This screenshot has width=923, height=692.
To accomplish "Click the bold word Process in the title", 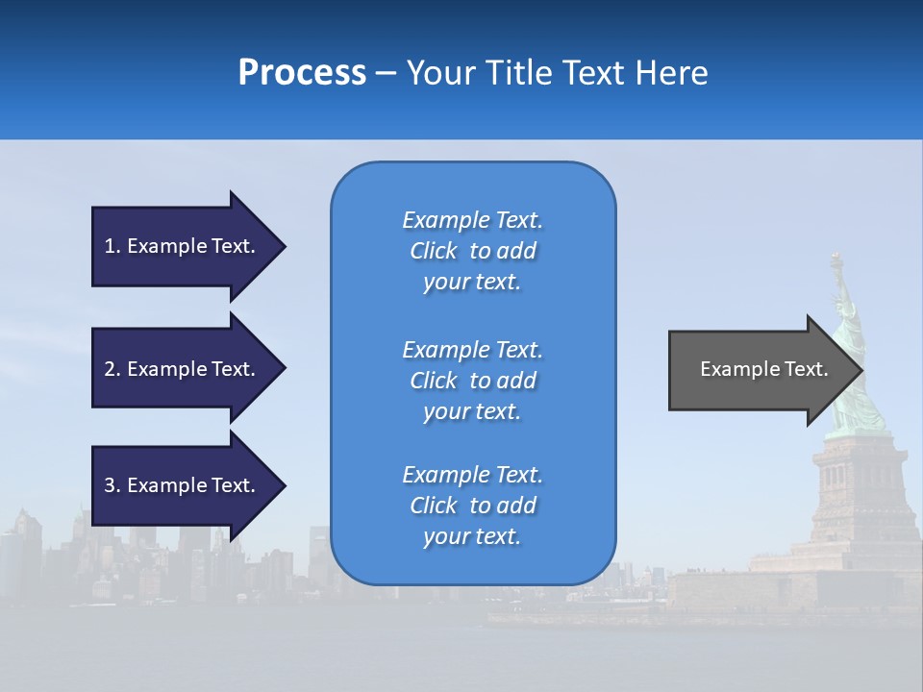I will coord(302,73).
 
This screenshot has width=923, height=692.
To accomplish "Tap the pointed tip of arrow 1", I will coord(283,246).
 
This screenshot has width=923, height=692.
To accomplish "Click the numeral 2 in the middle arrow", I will coord(110,369).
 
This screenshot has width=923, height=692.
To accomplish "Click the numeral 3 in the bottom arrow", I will coord(110,485).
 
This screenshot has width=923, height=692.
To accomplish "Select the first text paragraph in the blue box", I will coord(472,251).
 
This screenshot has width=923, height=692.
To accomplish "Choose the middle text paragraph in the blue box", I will coord(472,381).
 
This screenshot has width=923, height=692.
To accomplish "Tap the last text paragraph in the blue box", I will coord(472,506).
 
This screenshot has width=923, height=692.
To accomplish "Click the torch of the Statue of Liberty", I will coord(836,259).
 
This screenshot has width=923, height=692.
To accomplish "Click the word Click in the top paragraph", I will coord(434,251).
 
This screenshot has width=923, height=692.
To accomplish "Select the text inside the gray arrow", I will coord(763,369).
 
